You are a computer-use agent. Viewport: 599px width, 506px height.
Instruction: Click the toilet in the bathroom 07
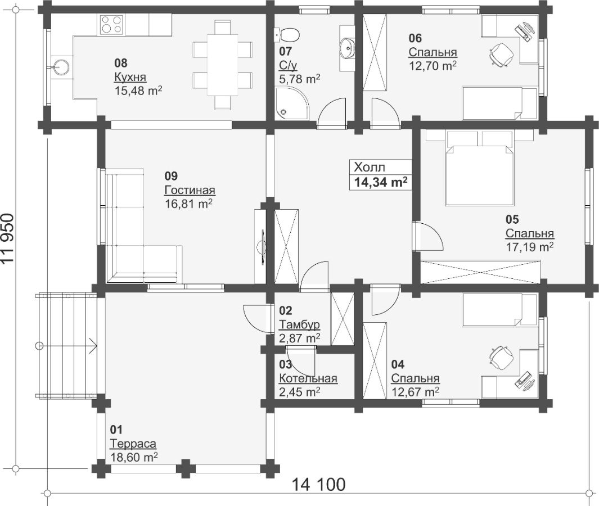click(289, 35)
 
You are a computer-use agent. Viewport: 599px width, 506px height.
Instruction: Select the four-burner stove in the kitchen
click(112, 24)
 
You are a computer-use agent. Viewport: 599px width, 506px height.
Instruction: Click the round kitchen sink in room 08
click(61, 66)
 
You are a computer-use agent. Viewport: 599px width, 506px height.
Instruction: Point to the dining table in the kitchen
click(223, 65)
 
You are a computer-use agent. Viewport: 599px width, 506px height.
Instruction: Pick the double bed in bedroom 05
click(479, 168)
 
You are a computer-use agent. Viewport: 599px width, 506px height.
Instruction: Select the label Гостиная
click(190, 190)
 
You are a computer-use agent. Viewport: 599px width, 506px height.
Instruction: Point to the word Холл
click(370, 168)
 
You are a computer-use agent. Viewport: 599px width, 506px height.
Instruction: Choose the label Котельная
click(308, 378)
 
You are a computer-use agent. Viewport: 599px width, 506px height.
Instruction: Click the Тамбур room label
click(299, 324)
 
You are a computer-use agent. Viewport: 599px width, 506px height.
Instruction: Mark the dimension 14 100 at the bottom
click(318, 484)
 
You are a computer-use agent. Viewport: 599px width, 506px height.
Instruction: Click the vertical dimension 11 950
click(7, 238)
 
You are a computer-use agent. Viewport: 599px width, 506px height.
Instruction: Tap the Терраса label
click(133, 444)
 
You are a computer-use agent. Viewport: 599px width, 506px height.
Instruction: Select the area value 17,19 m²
click(529, 247)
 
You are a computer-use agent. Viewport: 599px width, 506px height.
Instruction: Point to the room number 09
click(171, 176)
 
